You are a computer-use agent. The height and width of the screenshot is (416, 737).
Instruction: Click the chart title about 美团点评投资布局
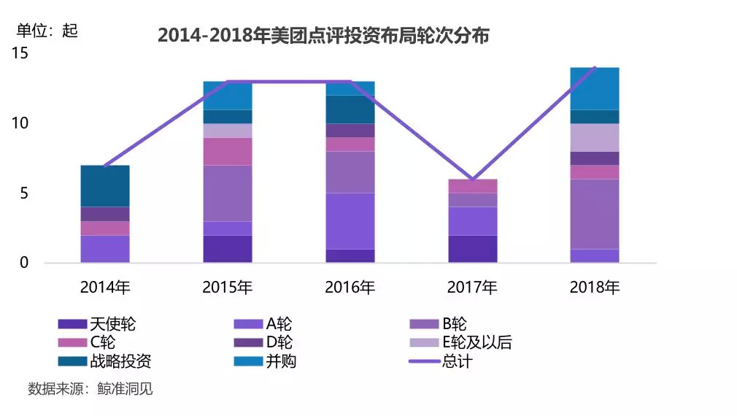pyautogui.click(x=323, y=35)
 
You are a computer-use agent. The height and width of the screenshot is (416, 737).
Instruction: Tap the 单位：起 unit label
pyautogui.click(x=47, y=31)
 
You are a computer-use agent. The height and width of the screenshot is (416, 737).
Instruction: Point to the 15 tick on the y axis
pyautogui.click(x=20, y=53)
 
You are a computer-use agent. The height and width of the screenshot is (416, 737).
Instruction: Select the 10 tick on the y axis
pyautogui.click(x=20, y=123)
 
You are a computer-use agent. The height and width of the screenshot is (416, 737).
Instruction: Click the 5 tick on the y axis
pyautogui.click(x=23, y=193)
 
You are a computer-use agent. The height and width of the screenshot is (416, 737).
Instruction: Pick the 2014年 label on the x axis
pyautogui.click(x=105, y=288)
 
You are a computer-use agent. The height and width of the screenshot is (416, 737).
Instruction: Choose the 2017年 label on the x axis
pyautogui.click(x=472, y=288)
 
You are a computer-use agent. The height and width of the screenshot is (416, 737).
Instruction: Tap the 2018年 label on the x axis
pyautogui.click(x=595, y=288)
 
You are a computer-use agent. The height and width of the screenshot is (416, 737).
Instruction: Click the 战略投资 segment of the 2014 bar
pyautogui.click(x=105, y=186)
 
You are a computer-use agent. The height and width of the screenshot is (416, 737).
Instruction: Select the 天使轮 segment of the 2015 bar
pyautogui.click(x=228, y=249)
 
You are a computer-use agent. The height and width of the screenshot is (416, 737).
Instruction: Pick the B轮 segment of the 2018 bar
pyautogui.click(x=595, y=214)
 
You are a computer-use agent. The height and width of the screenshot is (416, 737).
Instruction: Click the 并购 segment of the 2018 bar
pyautogui.click(x=595, y=88)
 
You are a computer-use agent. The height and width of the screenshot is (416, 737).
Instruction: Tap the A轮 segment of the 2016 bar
pyautogui.click(x=350, y=221)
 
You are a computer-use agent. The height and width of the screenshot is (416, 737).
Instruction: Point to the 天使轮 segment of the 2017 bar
pyautogui.click(x=472, y=249)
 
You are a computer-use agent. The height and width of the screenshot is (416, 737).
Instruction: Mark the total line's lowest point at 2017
pyautogui.click(x=472, y=179)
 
